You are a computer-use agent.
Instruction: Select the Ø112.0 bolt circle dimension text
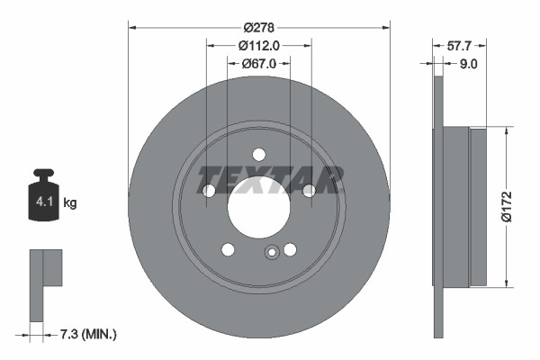click(259, 46)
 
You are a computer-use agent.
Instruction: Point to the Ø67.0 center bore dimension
click(259, 64)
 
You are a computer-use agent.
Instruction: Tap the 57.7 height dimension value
click(460, 43)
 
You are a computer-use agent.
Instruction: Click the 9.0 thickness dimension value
click(467, 64)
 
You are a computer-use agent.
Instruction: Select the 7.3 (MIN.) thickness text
click(88, 335)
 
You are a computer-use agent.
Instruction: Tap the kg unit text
click(70, 203)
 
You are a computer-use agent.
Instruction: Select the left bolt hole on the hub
click(209, 191)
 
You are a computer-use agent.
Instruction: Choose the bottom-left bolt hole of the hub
click(228, 249)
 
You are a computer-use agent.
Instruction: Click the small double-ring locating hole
click(271, 253)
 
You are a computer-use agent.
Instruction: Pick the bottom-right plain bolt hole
click(290, 249)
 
